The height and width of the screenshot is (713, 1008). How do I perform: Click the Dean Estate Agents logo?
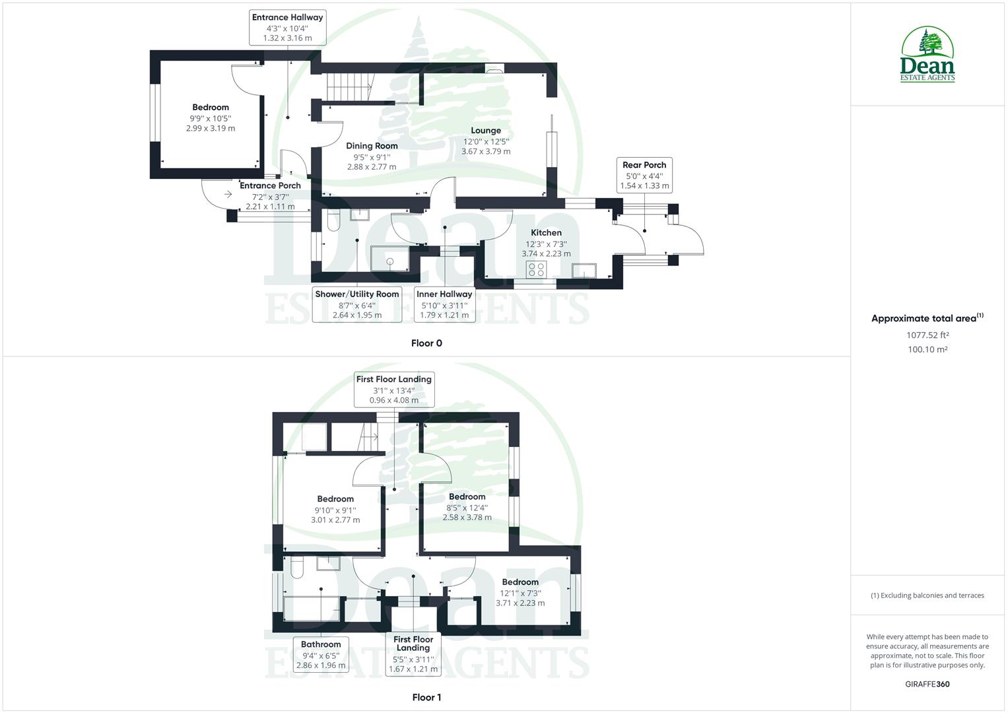click(x=927, y=55)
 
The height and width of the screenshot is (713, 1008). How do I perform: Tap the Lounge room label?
click(x=486, y=131)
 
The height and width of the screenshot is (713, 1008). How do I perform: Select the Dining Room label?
click(x=372, y=146)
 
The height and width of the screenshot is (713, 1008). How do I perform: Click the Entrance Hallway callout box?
click(x=288, y=27)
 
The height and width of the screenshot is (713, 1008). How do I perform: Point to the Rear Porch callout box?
click(x=644, y=175)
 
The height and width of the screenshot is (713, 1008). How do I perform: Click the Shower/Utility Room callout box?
click(x=357, y=304)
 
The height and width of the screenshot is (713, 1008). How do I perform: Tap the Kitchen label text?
click(x=546, y=232)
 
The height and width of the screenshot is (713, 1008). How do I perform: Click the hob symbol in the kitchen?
click(x=536, y=269)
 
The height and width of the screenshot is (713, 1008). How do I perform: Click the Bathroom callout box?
click(x=321, y=654)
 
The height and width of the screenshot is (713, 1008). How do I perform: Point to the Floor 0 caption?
click(x=426, y=343)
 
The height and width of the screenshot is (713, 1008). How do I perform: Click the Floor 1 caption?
click(x=426, y=697)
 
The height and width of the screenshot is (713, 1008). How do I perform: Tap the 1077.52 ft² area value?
click(x=927, y=335)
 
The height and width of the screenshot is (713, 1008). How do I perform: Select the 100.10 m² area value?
click(x=927, y=349)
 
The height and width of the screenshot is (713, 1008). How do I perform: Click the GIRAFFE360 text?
click(x=927, y=684)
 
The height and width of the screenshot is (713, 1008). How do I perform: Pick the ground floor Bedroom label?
click(x=211, y=108)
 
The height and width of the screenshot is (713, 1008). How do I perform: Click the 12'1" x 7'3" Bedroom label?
click(x=520, y=582)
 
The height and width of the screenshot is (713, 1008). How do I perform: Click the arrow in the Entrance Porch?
click(x=228, y=194)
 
